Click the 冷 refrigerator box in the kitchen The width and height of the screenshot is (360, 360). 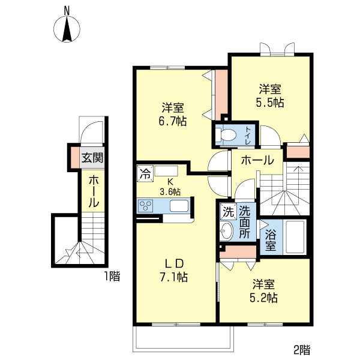tap(145, 173)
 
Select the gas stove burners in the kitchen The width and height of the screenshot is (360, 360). tap(146, 206)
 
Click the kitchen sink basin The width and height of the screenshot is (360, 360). tap(179, 206)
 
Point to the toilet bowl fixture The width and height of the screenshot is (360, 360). tap(227, 136)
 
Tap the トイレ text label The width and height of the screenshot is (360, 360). tap(248, 137)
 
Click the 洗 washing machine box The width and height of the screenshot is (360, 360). tap(227, 211)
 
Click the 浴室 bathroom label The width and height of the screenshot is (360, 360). tap(271, 239)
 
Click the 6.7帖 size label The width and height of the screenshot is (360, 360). tap(172, 121)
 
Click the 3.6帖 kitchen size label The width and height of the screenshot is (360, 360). tap(170, 191)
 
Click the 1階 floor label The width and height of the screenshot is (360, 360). tap(112, 276)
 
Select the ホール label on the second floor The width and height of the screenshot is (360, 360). tap(257, 160)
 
